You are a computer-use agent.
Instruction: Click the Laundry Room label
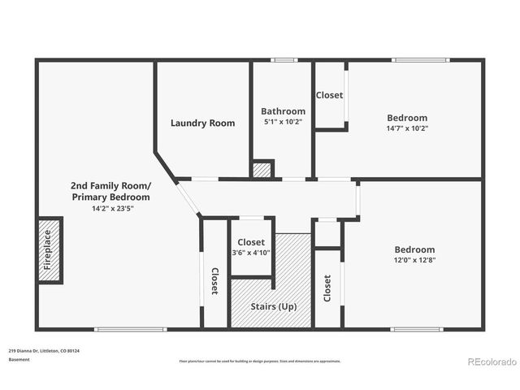(x=202, y=123)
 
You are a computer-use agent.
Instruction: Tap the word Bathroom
(x=283, y=111)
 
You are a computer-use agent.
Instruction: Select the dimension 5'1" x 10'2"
(x=283, y=122)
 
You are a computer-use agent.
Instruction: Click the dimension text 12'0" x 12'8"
(x=414, y=260)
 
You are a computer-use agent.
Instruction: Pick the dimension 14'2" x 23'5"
(x=110, y=208)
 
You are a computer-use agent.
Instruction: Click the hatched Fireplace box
(x=50, y=249)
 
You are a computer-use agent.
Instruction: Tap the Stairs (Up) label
(x=271, y=306)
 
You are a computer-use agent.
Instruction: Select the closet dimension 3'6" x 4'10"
(x=251, y=253)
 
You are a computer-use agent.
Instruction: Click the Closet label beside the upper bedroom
(x=329, y=95)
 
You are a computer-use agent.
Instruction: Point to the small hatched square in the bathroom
(x=262, y=170)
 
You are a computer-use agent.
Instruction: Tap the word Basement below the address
(x=19, y=359)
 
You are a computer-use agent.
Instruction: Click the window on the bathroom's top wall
(x=284, y=60)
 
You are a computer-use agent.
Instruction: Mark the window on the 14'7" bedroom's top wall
(x=419, y=60)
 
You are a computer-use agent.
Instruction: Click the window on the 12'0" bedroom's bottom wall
(x=416, y=329)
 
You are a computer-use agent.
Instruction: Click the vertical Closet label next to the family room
(x=214, y=280)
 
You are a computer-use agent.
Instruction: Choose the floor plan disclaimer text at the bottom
(x=260, y=361)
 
